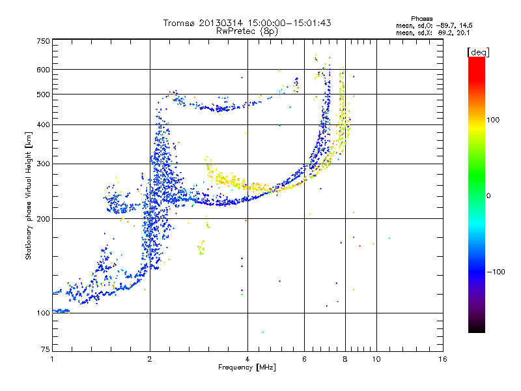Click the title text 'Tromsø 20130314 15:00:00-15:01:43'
click(x=247, y=23)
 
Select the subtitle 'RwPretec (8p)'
click(x=247, y=31)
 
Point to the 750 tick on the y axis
click(x=43, y=41)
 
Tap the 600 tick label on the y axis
click(x=43, y=70)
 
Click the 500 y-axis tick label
click(x=43, y=94)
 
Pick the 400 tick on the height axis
click(x=43, y=124)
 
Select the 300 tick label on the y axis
click(x=43, y=164)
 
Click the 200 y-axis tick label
click(x=43, y=218)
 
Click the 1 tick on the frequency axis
click(x=52, y=359)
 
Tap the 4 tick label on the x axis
click(x=247, y=359)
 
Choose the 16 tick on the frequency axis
click(x=442, y=359)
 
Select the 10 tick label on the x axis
click(x=376, y=359)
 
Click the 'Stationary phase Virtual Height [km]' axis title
click(x=29, y=195)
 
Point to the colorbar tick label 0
click(x=488, y=195)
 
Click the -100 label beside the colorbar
click(x=495, y=272)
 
